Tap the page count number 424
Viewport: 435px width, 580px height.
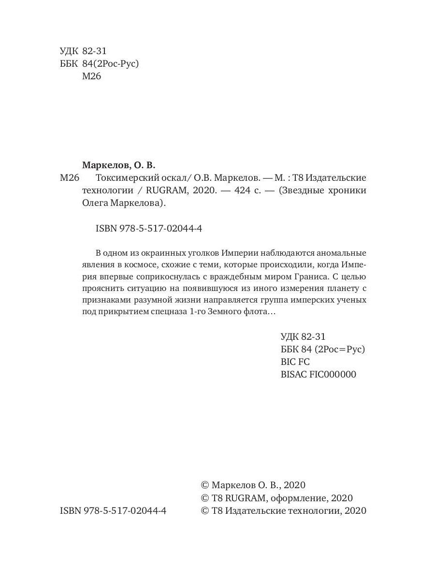[x=243, y=190]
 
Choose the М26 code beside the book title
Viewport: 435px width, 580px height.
[x=69, y=177]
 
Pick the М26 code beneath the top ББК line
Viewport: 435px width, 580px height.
[x=92, y=76]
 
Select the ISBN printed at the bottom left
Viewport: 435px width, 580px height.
[x=113, y=511]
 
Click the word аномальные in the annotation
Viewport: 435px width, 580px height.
[x=341, y=253]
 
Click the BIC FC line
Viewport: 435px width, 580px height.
[x=295, y=362]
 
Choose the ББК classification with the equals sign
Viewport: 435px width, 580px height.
[x=322, y=349]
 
